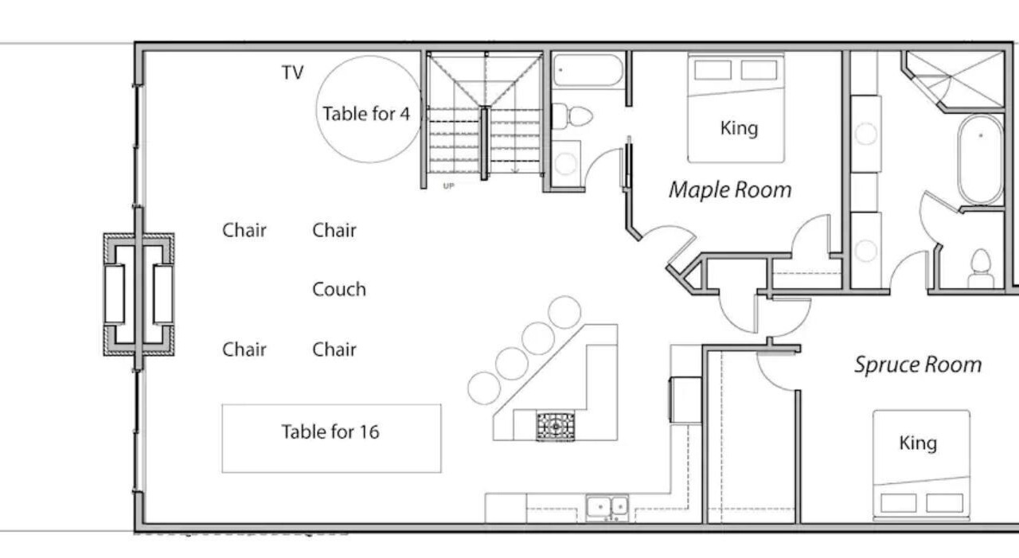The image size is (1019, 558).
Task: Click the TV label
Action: coord(292,72)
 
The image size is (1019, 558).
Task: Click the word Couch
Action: coord(339,289)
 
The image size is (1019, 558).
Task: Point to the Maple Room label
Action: coord(730,190)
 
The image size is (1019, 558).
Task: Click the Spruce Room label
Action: coord(918,365)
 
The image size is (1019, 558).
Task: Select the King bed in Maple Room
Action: coord(736,107)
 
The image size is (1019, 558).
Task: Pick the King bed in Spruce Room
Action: coord(921,465)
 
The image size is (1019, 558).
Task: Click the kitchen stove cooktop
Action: coord(555,427)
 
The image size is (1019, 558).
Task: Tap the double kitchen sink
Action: coord(607,506)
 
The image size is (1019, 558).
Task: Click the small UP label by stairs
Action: coord(448,186)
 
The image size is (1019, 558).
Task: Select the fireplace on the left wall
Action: coord(139,294)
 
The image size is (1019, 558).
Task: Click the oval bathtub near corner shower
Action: coord(980,159)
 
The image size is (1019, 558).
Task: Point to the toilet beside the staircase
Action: coord(572,116)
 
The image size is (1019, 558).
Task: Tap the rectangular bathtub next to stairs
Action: coord(588,70)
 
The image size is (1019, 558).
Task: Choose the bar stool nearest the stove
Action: coord(484,388)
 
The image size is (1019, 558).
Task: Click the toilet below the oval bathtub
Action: coord(980,268)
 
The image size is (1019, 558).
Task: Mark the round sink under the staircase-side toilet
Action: coord(566,163)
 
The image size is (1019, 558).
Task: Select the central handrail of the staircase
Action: coord(485,143)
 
